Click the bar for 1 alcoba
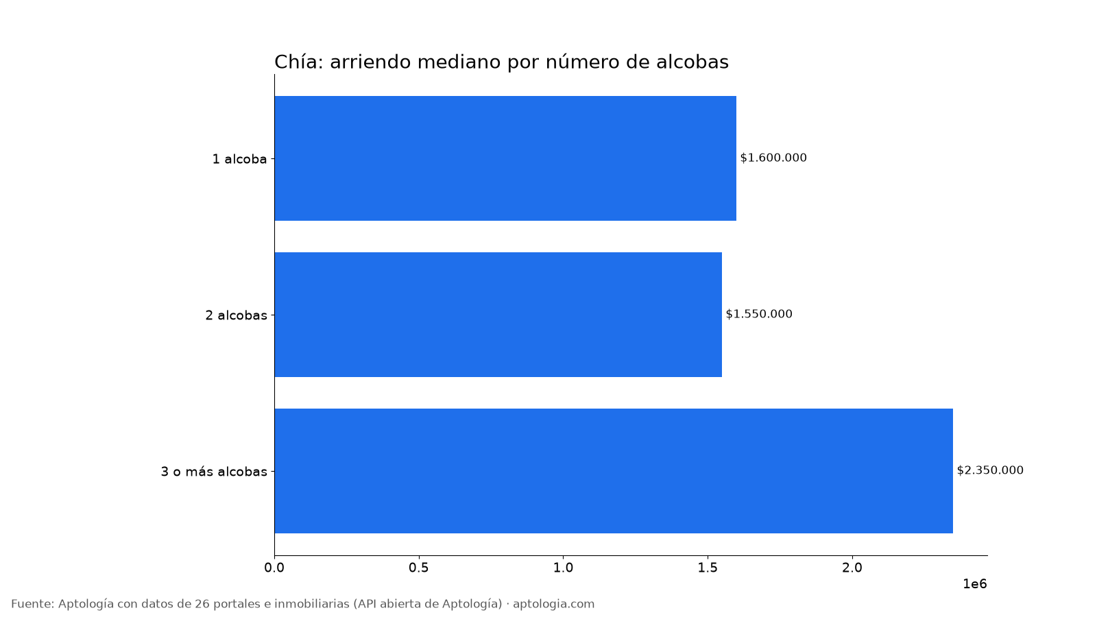(505, 158)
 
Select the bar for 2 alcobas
(498, 315)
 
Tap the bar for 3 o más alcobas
(614, 470)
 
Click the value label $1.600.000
(773, 158)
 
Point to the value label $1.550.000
(758, 314)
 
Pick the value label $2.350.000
(990, 470)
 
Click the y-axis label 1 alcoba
(239, 159)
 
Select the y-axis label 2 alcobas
(236, 315)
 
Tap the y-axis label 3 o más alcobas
(214, 472)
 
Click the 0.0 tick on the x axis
(274, 568)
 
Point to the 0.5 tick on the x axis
(419, 568)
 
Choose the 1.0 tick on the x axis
(563, 568)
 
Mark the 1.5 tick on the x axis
(708, 568)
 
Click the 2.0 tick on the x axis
(852, 568)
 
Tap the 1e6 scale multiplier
(974, 583)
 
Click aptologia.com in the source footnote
(553, 604)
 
